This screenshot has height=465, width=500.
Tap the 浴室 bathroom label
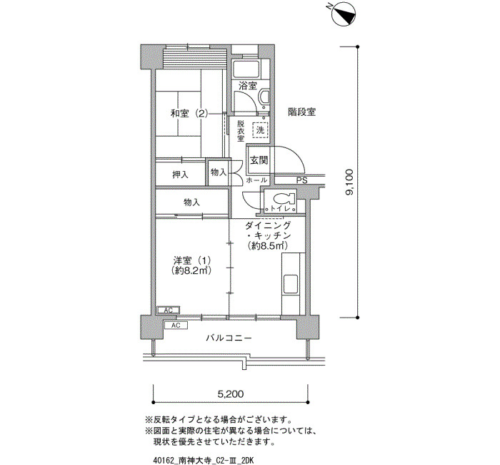click(x=248, y=86)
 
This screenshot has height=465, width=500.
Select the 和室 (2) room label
click(x=189, y=113)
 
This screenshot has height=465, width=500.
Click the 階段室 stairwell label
click(x=302, y=112)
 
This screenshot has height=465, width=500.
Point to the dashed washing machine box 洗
click(x=260, y=130)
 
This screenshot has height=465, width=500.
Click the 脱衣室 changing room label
click(x=241, y=131)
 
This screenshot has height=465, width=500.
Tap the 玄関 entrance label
click(x=259, y=160)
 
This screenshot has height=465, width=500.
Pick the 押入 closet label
click(x=180, y=175)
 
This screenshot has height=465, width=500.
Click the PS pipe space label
click(x=301, y=180)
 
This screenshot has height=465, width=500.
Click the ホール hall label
click(x=256, y=180)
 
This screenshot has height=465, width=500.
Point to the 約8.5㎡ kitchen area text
click(x=268, y=245)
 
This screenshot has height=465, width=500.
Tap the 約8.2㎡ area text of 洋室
click(x=191, y=270)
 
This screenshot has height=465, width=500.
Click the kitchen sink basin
click(x=291, y=283)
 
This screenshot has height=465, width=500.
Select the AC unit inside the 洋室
click(x=169, y=310)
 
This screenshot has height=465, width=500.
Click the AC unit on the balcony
click(x=176, y=325)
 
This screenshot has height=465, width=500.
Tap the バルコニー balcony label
click(x=229, y=338)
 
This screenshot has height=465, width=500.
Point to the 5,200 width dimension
click(x=230, y=393)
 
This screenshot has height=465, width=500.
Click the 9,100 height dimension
click(x=350, y=182)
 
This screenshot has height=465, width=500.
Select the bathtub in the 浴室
click(x=246, y=68)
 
